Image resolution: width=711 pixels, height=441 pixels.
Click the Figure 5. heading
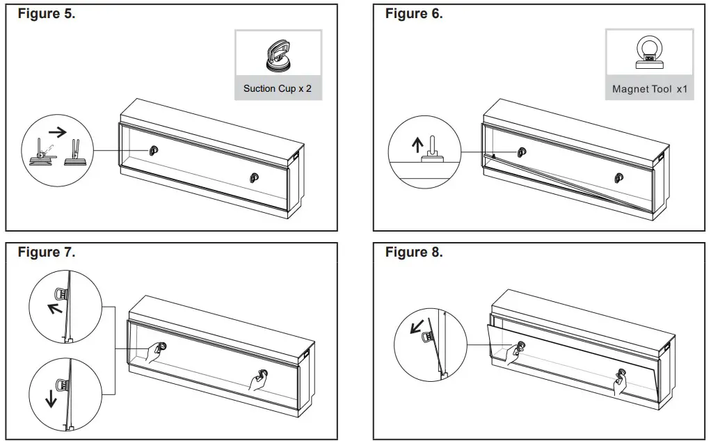[x=47, y=14]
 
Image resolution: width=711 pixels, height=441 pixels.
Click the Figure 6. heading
[x=414, y=14]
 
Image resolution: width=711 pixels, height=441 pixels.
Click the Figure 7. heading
[x=47, y=252]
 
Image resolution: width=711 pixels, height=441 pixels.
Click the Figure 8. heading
[x=414, y=252]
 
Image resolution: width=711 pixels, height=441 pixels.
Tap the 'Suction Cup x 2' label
[x=278, y=88]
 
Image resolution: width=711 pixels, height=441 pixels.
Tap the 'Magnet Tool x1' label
[x=649, y=89]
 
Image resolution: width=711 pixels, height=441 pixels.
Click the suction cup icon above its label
[x=278, y=55]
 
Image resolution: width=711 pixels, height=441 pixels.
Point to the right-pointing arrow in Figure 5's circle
[x=58, y=130]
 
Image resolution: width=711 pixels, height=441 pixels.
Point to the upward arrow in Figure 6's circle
[x=417, y=145]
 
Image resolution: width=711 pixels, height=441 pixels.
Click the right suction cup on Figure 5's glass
[x=254, y=178]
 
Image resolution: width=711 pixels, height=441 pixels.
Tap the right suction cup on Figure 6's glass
[x=619, y=178]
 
